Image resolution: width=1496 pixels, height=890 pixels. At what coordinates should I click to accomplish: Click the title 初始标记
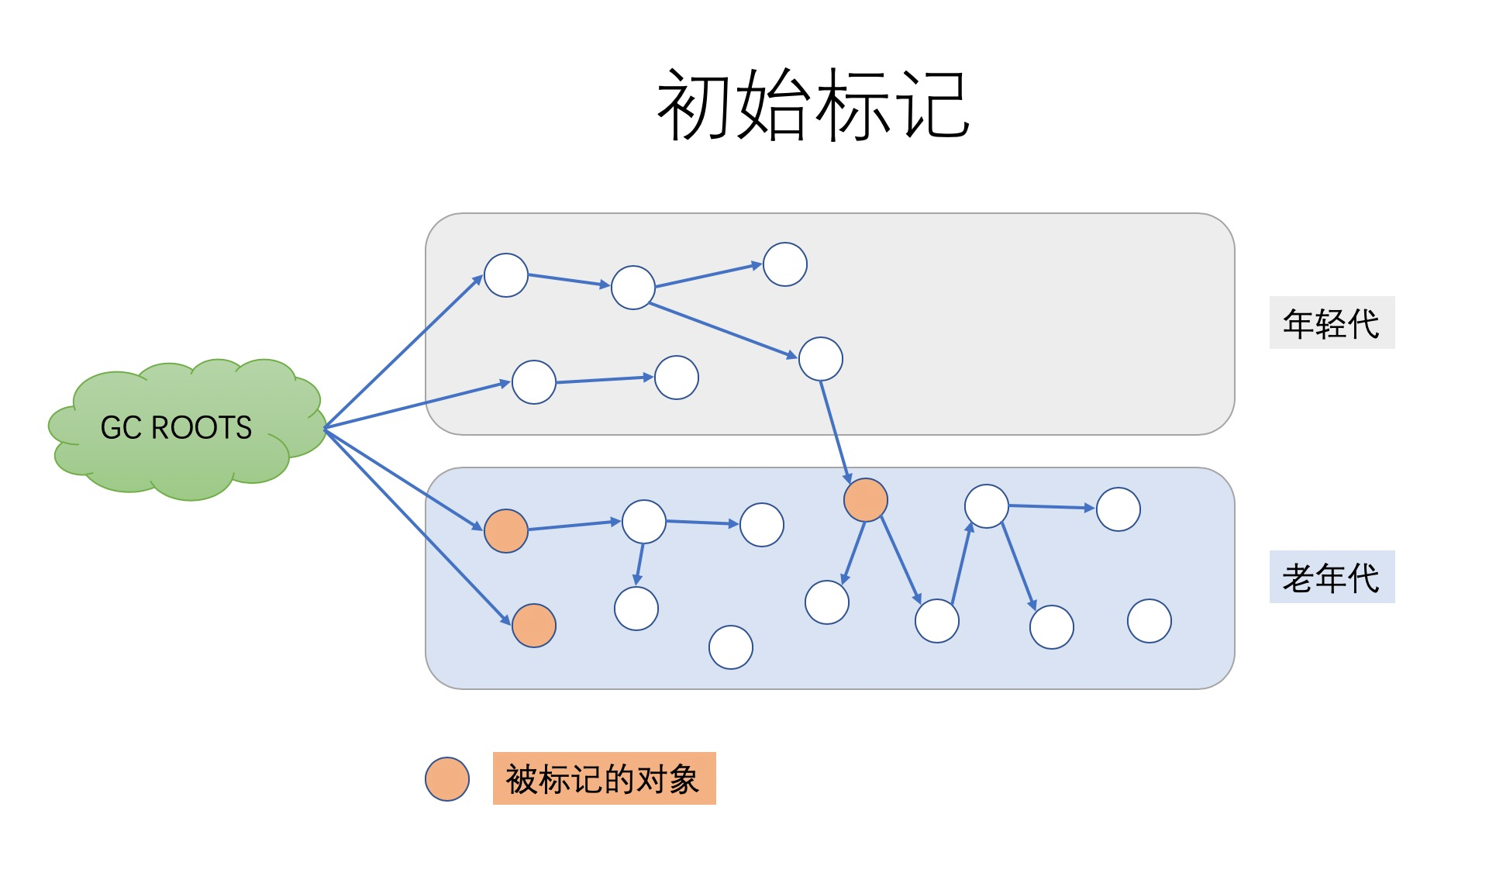(813, 104)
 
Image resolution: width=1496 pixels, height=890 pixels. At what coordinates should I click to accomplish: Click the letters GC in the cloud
(121, 428)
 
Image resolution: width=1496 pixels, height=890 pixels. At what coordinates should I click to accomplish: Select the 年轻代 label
(1331, 323)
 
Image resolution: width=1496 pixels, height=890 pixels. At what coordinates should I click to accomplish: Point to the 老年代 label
(1331, 578)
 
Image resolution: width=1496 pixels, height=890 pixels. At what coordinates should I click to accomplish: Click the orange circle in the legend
(447, 779)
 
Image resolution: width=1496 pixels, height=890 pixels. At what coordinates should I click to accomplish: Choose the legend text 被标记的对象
(603, 779)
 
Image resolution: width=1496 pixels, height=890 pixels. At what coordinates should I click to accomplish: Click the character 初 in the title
(695, 104)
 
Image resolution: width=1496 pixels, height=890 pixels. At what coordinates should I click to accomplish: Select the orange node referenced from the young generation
(865, 500)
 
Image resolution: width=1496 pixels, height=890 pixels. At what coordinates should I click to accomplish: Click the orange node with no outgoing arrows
(534, 626)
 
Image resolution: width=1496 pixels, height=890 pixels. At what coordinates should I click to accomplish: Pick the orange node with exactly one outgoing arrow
(506, 531)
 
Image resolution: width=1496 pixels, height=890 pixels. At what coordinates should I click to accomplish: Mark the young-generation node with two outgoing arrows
(633, 288)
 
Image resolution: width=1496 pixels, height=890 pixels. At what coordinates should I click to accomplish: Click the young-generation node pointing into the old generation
(821, 359)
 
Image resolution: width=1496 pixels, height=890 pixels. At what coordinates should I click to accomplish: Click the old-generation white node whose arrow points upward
(937, 621)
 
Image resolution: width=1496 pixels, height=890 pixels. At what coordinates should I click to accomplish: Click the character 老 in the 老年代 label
(1298, 578)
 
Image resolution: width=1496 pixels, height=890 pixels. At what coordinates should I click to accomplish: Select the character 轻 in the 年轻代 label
(1331, 323)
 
